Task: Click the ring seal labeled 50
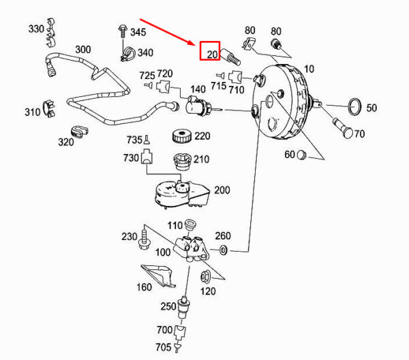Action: click(x=352, y=108)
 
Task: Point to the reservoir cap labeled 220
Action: click(x=182, y=136)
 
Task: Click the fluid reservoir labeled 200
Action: click(x=177, y=195)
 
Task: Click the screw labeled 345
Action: click(x=121, y=31)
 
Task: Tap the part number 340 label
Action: click(x=145, y=52)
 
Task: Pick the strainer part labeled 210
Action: click(x=181, y=164)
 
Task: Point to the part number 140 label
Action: click(x=198, y=89)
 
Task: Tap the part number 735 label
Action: click(x=134, y=140)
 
